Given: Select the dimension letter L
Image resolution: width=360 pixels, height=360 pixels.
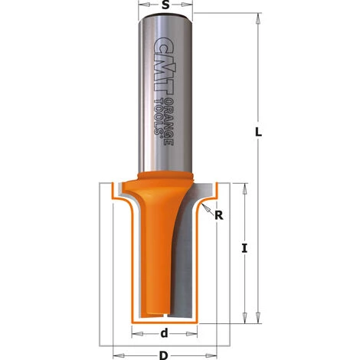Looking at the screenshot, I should point(258,132).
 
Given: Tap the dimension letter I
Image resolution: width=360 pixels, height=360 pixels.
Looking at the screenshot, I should point(243,247).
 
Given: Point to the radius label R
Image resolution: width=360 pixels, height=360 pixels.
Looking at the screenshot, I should point(218,215).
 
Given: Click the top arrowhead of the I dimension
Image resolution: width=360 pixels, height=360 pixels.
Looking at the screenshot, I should point(243,188).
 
